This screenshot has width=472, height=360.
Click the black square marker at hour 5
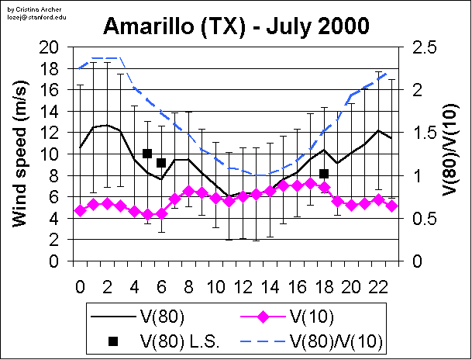(x=147, y=154)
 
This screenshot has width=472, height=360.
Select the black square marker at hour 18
(x=324, y=174)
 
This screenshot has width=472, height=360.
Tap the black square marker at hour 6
(x=161, y=163)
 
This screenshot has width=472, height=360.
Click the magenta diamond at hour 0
(x=80, y=210)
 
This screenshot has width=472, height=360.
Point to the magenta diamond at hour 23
(x=392, y=206)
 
